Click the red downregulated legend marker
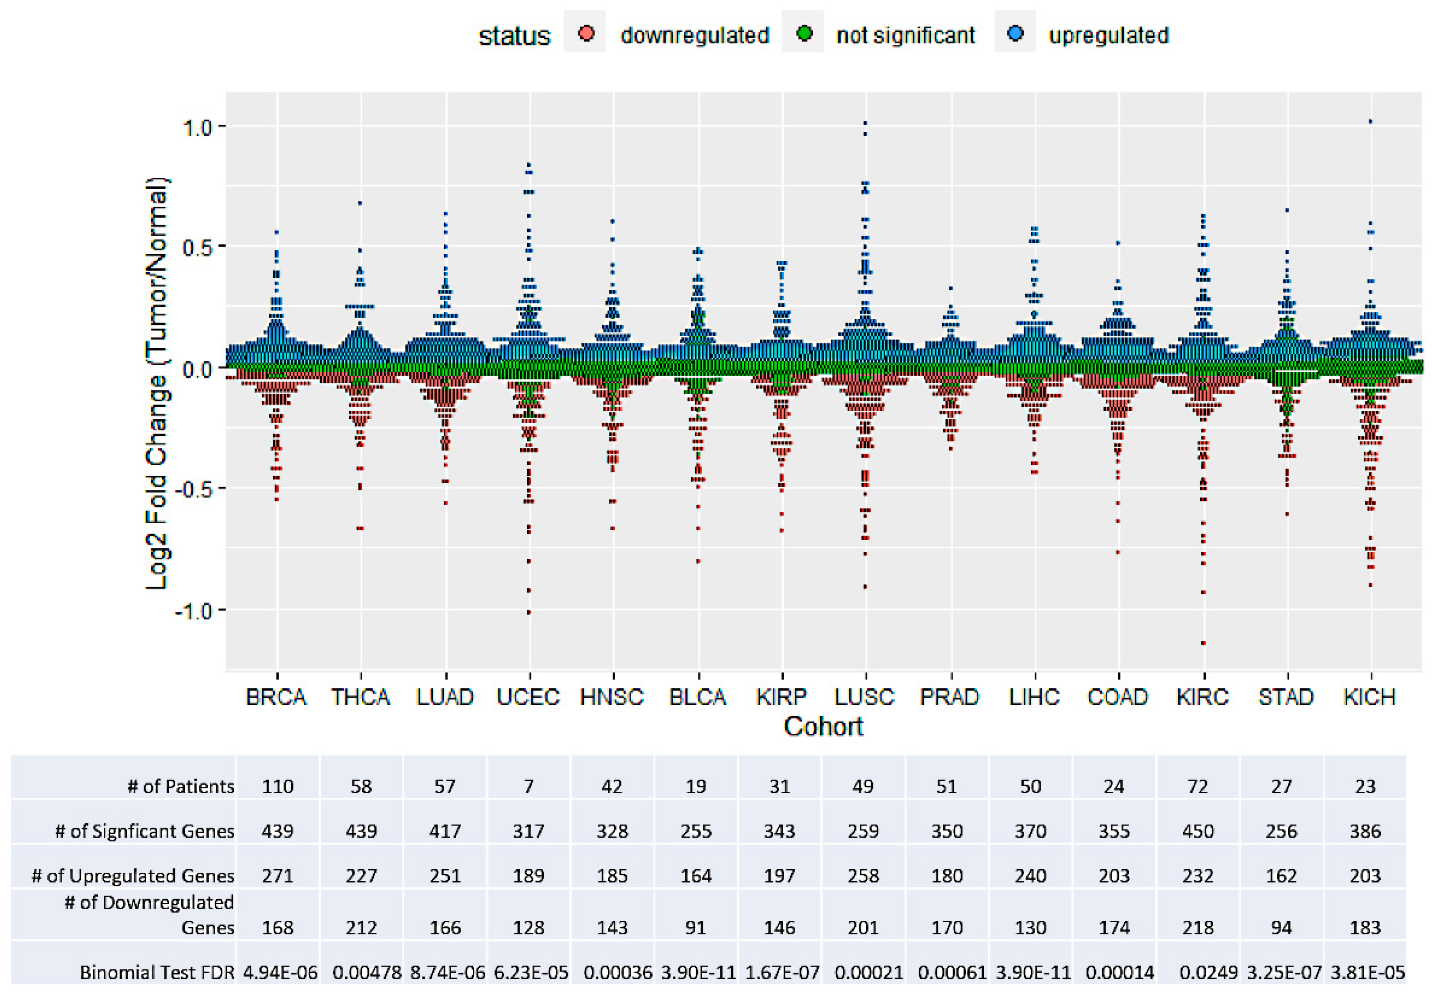586,33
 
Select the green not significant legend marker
804,33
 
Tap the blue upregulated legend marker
1015,33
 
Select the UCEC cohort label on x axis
528,697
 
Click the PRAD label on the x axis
949,697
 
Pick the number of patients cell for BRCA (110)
278,786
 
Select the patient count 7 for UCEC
528,786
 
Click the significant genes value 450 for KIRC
1197,831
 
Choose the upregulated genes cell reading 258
863,876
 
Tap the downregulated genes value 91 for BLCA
696,928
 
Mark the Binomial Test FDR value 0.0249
1208,973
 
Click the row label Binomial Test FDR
157,973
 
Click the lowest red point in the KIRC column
1203,643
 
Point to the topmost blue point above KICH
1370,122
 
